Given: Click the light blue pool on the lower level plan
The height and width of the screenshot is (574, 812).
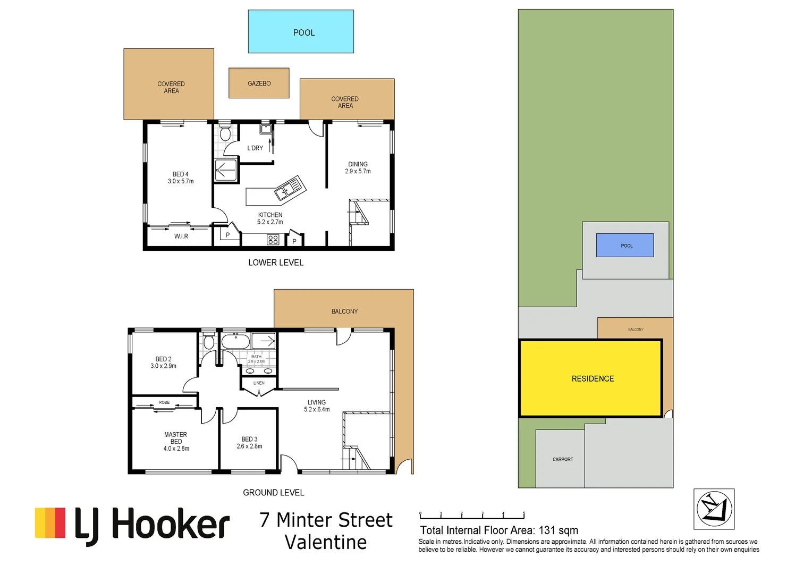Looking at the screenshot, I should [301, 31].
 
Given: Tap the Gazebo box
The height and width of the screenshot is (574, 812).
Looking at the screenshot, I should [259, 83].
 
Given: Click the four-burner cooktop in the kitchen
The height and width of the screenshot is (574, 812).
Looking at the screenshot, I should [273, 240].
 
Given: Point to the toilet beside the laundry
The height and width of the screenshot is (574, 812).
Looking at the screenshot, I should [225, 133].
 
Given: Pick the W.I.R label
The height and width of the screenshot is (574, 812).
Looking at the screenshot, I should [181, 236].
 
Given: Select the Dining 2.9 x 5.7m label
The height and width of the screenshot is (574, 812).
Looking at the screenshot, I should [358, 168].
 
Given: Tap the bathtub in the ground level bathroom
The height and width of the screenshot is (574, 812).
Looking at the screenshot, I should [235, 341].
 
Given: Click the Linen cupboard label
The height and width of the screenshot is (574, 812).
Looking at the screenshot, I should [259, 383].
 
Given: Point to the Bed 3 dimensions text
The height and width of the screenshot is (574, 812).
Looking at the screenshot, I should [249, 446].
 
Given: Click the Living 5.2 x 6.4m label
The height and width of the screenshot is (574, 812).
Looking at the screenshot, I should [317, 406].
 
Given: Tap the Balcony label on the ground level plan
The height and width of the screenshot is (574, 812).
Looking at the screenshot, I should [344, 311].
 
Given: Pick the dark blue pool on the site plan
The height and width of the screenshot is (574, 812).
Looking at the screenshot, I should [625, 246].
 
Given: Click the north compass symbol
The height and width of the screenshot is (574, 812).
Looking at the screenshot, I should [714, 509].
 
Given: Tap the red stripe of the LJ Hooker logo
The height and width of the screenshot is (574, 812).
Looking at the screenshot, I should [61, 523].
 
